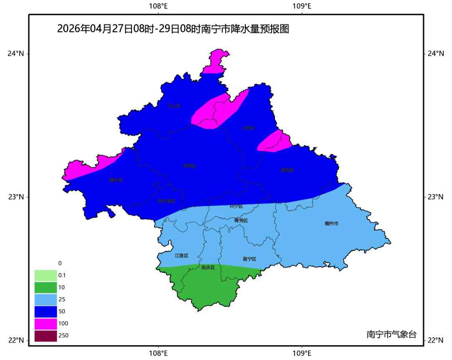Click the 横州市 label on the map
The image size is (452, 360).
tap(331, 224)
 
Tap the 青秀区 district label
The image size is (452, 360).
tap(241, 220)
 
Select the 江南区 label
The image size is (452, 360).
tap(182, 255)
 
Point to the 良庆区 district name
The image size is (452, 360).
tap(208, 267)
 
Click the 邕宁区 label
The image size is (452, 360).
tap(249, 259)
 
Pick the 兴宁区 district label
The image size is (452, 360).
tap(236, 206)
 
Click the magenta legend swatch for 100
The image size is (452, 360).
tap(45, 324)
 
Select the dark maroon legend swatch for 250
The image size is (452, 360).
tap(45, 336)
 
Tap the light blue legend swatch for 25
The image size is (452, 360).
tap(45, 299)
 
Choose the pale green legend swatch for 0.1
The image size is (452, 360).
tap(45, 275)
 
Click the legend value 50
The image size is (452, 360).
tap(62, 311)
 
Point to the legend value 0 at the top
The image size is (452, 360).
tap(60, 263)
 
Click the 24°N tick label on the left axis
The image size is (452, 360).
tap(15, 54)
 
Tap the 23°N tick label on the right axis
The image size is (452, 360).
tap(436, 197)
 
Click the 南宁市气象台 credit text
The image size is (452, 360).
tap(391, 334)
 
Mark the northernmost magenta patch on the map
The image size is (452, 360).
tap(217, 61)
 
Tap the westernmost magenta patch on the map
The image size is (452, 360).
tap(90, 167)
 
